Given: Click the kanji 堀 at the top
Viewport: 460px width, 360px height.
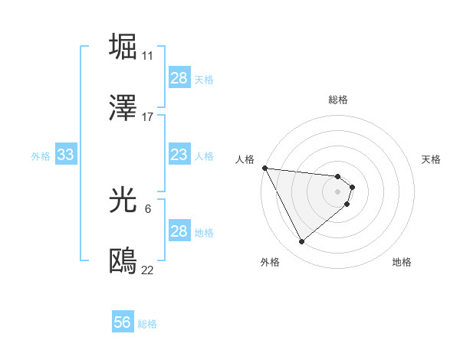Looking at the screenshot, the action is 123,47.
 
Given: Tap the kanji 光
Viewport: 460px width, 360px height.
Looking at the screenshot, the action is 123,200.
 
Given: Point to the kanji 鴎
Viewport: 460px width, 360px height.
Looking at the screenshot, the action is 123,261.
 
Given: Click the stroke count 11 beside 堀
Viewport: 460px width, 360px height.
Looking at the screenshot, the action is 147,55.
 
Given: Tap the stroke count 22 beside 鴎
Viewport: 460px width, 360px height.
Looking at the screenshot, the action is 147,270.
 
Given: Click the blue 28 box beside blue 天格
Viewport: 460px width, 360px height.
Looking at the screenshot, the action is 179,78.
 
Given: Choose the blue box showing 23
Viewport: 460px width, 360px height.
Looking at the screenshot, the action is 179,155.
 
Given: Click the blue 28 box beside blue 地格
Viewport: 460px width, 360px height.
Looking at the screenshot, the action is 179,231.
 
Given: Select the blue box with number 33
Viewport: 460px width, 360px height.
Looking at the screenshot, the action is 65,155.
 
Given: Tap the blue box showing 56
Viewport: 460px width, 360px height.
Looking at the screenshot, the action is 123,323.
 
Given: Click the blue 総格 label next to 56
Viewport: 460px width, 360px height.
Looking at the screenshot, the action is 147,324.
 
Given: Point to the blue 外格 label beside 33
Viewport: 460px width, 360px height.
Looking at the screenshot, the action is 41,156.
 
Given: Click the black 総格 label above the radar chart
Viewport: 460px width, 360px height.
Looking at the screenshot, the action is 338,100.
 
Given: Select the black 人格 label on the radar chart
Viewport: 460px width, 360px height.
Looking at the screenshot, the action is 245,159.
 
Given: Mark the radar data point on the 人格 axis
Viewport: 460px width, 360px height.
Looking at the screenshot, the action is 264,168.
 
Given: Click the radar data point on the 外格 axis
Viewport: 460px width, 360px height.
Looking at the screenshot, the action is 301,242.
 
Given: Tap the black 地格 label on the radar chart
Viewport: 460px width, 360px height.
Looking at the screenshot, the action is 402,262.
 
